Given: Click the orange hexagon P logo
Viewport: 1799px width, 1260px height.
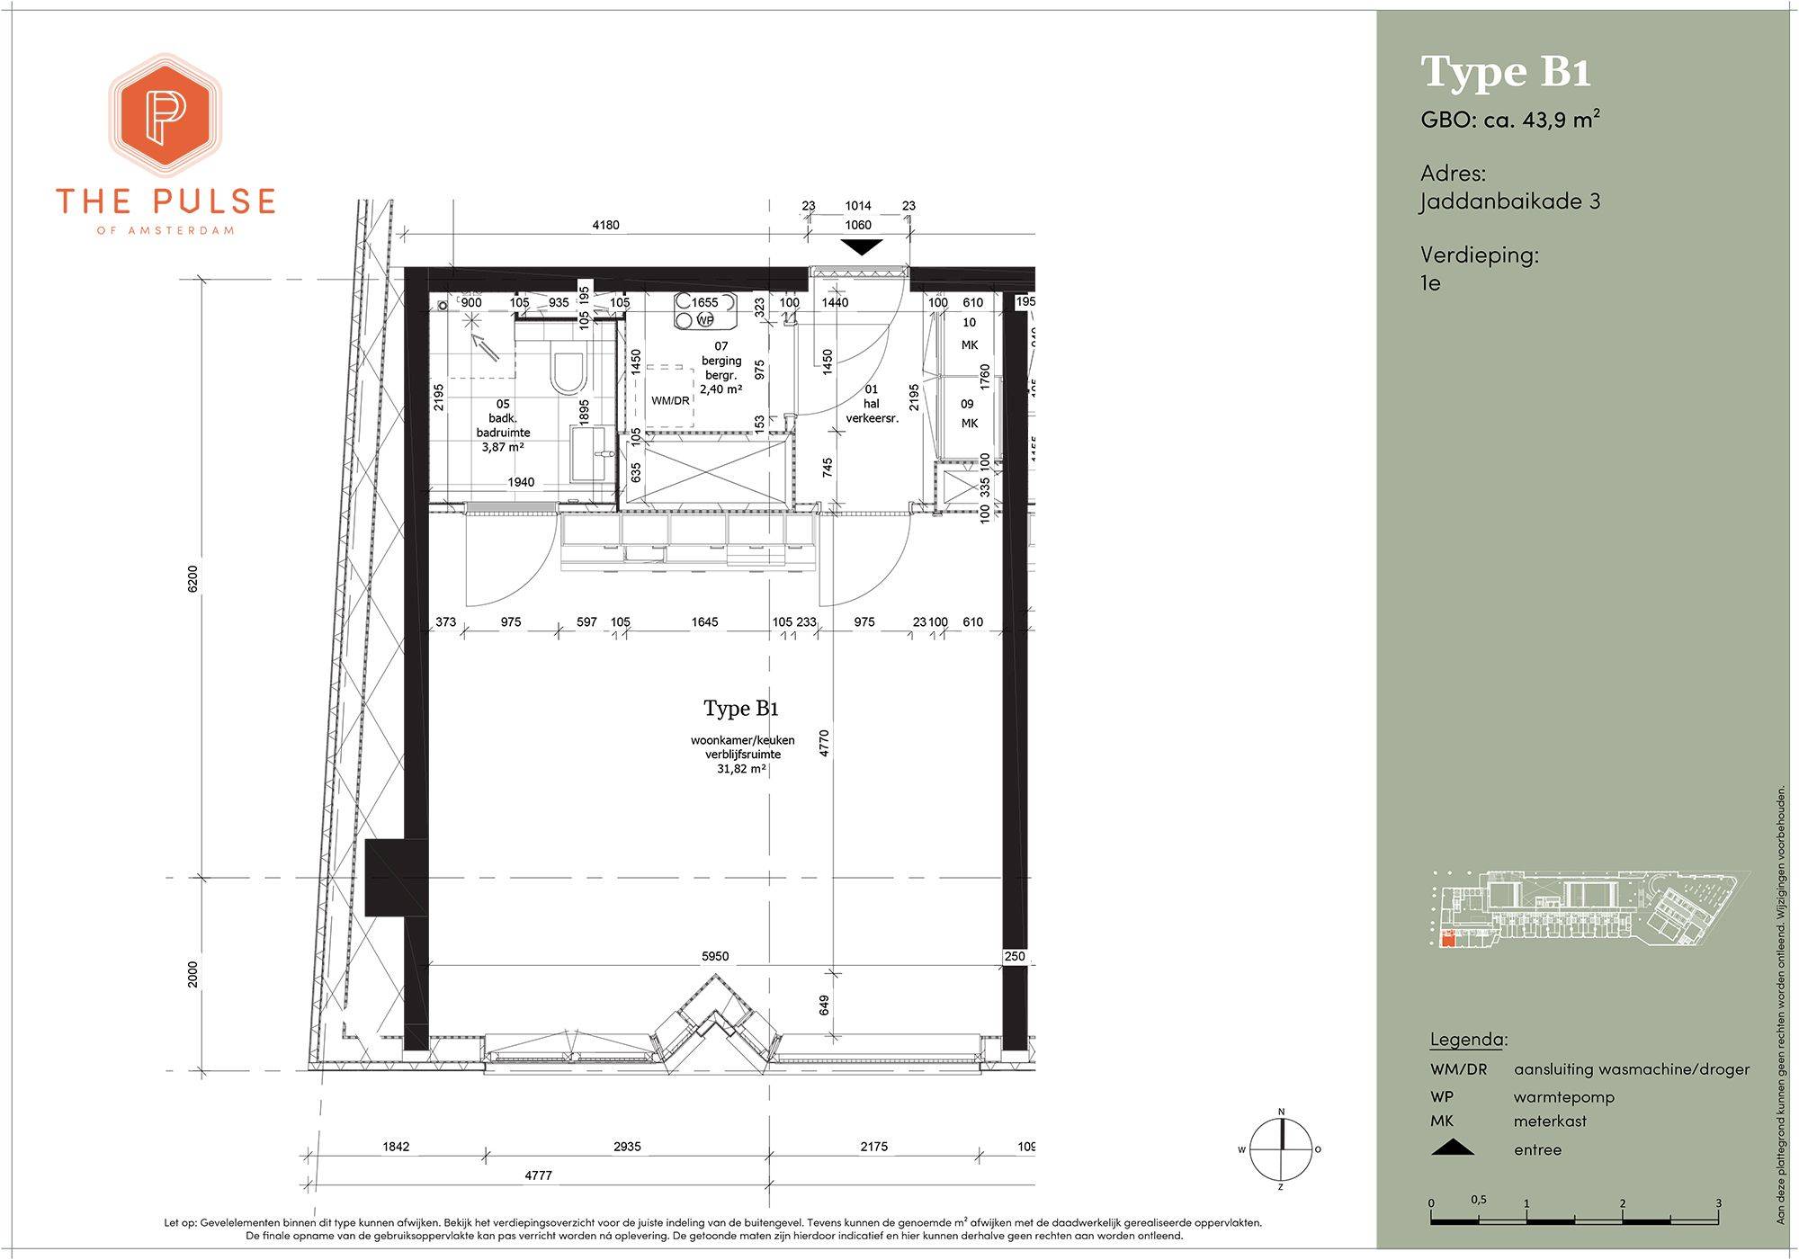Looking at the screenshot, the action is tap(166, 115).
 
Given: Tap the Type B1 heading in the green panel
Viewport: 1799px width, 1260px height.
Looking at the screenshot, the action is tap(1506, 72).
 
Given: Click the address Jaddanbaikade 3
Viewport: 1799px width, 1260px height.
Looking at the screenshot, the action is tap(1510, 201).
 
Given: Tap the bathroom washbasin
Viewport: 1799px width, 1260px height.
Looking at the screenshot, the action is tap(589, 453).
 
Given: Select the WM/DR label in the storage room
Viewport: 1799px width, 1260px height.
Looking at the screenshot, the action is tap(670, 400).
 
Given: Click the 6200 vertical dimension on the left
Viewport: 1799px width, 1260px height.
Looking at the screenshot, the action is tap(192, 578).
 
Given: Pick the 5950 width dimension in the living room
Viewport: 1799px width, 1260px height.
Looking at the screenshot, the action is tap(715, 956).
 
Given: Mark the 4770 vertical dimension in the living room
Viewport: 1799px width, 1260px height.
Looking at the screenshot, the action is tap(824, 744).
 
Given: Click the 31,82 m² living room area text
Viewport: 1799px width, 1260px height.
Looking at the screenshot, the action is tap(741, 769).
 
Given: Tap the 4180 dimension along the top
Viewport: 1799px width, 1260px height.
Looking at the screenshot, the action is tap(605, 225).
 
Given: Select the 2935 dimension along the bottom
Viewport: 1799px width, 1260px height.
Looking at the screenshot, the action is tap(627, 1147).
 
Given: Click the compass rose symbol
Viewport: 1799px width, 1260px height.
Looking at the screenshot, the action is tap(1281, 1148).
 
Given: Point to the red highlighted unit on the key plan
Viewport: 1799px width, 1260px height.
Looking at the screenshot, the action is tap(1448, 940).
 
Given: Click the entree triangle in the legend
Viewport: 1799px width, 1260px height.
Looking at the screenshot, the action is tap(1452, 1148).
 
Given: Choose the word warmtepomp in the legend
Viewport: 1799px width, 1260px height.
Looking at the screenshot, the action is tap(1564, 1097).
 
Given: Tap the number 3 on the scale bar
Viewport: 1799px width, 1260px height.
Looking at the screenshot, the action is tap(1718, 1202).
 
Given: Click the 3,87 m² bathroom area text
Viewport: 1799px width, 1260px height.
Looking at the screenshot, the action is tap(504, 447).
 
